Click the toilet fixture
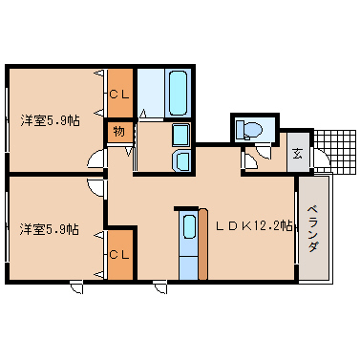tap(253, 129)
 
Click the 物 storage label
tap(119, 132)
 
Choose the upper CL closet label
tap(119, 95)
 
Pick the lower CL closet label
tap(119, 254)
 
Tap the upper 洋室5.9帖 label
tap(50, 121)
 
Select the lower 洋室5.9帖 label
tap(50, 229)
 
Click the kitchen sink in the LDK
tap(189, 230)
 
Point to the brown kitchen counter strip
tap(201, 244)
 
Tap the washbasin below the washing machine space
tap(180, 160)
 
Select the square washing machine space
tap(180, 136)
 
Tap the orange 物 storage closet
tap(119, 132)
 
